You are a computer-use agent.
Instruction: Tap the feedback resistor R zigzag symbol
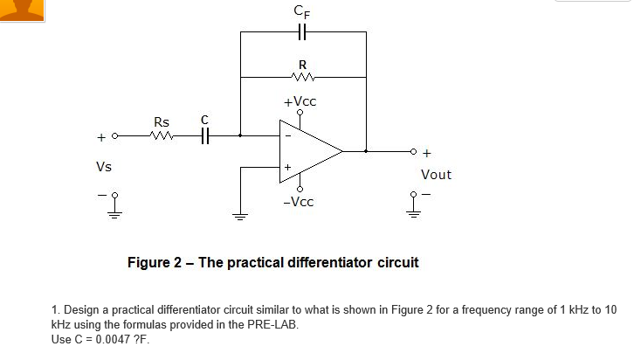pyautogui.click(x=303, y=77)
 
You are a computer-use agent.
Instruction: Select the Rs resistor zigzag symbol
pyautogui.click(x=162, y=136)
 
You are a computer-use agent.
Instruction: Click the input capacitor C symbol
pyautogui.click(x=205, y=136)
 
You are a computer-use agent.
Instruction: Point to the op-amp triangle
pyautogui.click(x=308, y=151)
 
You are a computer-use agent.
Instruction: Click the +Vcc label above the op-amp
pyautogui.click(x=300, y=101)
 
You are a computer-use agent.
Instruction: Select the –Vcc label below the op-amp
pyautogui.click(x=300, y=201)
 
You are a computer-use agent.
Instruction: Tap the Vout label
pyautogui.click(x=436, y=174)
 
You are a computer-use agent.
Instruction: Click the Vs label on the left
pyautogui.click(x=103, y=165)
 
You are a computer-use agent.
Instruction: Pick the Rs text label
pyautogui.click(x=162, y=121)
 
